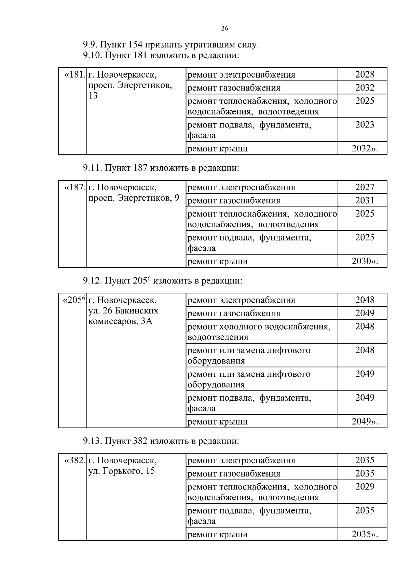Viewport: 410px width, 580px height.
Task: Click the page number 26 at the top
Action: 224,28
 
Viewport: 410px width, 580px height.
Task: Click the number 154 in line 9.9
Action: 137,45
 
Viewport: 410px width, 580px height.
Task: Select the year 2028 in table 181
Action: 365,74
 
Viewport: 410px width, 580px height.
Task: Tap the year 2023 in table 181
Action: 365,125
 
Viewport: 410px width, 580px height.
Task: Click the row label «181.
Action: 74,74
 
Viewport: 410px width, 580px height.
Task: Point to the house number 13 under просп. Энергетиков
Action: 93,96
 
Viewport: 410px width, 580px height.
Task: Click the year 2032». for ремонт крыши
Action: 365,149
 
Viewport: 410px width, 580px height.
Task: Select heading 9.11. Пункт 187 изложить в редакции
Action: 161,168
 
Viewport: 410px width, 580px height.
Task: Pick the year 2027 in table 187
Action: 365,187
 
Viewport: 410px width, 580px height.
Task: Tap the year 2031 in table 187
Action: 365,201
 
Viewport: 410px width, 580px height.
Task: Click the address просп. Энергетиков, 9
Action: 134,198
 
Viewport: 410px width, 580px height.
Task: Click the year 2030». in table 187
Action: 365,261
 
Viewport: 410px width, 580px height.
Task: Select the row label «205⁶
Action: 74,300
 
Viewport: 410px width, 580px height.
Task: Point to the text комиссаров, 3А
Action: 120,321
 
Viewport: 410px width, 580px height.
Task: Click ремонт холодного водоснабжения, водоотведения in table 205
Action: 259,332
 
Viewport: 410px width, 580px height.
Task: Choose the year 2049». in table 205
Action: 365,422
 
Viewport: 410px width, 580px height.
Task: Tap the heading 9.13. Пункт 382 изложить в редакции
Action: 161,441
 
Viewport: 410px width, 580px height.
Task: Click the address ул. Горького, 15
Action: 121,471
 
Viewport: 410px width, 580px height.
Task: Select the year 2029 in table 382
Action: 365,487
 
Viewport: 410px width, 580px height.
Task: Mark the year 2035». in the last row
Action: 365,534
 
